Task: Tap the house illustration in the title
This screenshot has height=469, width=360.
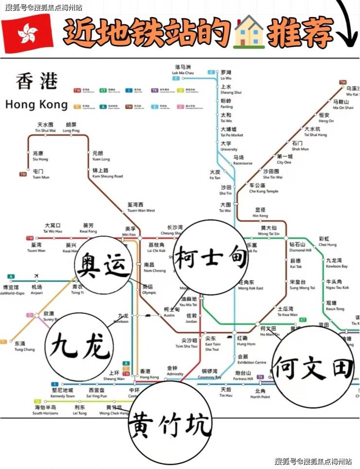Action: tap(249, 32)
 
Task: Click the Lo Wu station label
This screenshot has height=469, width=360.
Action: tap(226, 75)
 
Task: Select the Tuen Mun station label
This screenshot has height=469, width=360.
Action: tap(41, 174)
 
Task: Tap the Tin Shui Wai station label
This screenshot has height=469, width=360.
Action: tap(45, 127)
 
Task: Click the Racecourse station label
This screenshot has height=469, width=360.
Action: tap(242, 161)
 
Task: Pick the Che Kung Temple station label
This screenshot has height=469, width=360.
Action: tap(264, 188)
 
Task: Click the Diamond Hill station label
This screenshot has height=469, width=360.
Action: tap(300, 247)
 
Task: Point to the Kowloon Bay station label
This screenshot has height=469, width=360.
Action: tap(337, 263)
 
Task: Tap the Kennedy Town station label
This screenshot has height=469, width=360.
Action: tap(63, 393)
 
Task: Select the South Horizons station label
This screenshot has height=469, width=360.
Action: tap(45, 410)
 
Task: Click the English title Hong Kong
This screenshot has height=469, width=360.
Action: tap(36, 105)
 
